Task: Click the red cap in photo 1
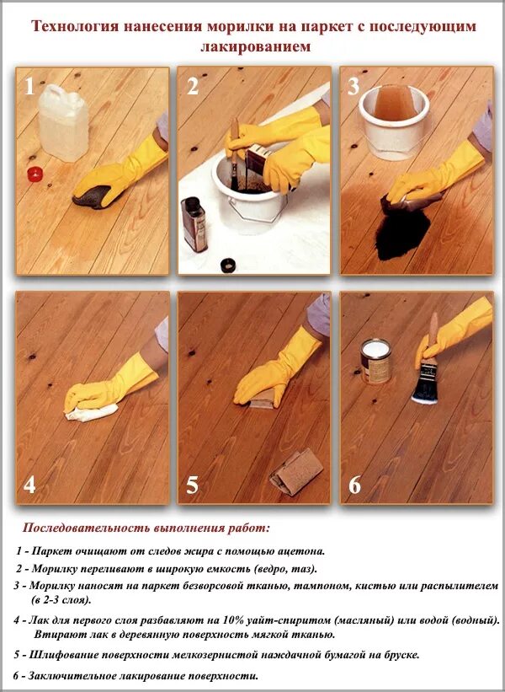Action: tap(34, 174)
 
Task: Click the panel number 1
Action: tap(29, 87)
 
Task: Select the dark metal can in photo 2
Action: tap(194, 224)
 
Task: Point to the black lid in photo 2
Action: tap(228, 266)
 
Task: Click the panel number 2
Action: tap(193, 87)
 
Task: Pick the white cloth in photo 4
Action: tap(92, 413)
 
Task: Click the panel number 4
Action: tap(29, 485)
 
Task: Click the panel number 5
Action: tap(193, 485)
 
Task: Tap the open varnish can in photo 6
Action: tap(376, 361)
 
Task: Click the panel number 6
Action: tap(354, 485)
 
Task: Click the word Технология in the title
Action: tap(75, 26)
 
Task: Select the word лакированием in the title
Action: tap(255, 46)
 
